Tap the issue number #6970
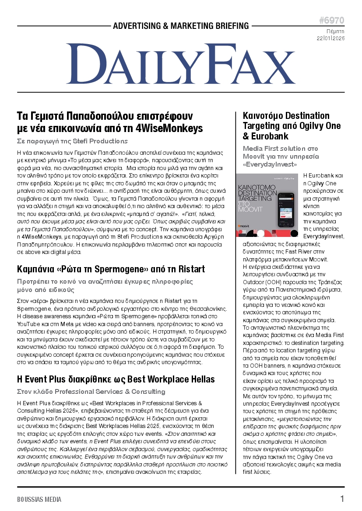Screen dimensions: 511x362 pos(331,21)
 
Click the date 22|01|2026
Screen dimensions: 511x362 pos(330,38)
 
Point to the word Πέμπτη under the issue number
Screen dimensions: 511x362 pos(335,31)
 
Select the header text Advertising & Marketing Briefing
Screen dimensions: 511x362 pos(181,26)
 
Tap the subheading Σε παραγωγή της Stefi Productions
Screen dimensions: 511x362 pos(72,141)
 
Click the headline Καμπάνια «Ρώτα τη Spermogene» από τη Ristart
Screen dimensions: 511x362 pos(111,269)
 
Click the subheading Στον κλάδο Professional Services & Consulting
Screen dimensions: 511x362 pos(91,391)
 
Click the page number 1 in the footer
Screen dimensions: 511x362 pos(342,499)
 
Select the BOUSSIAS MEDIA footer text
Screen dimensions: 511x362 pos(39,499)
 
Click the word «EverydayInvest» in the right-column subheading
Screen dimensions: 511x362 pos(270,164)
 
